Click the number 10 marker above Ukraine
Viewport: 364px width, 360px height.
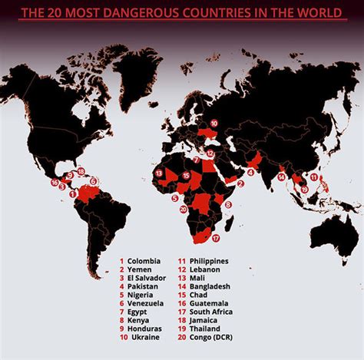213,123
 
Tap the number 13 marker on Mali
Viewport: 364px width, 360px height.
157,173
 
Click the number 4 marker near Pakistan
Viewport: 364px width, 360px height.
250,173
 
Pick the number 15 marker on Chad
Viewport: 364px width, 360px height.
187,176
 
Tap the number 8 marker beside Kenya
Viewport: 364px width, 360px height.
227,204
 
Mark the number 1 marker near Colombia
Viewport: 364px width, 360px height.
73,194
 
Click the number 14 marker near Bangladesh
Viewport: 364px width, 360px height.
281,177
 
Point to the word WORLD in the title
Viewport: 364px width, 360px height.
315,12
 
